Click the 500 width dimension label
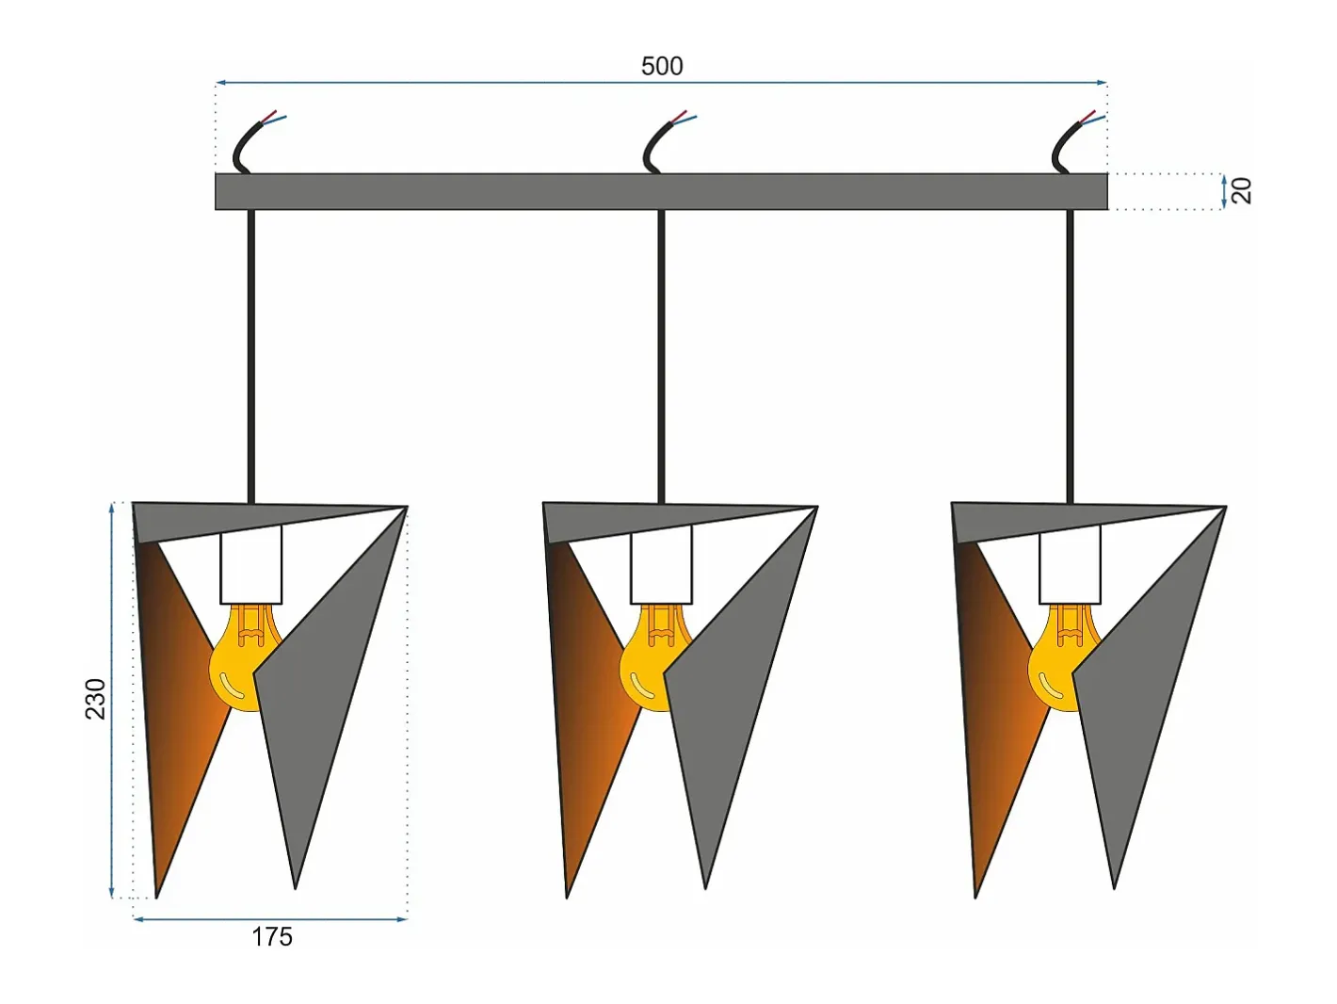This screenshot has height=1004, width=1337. point(662,66)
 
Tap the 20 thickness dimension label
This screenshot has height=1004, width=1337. point(1241,190)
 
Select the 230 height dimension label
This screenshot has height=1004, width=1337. point(96,699)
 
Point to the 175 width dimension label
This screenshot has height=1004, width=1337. point(272,937)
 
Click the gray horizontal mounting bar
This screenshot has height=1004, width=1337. point(661,191)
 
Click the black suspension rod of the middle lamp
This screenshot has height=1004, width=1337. point(662,357)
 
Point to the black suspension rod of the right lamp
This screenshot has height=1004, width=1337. point(1071,357)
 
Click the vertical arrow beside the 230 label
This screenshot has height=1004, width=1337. point(111,700)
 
